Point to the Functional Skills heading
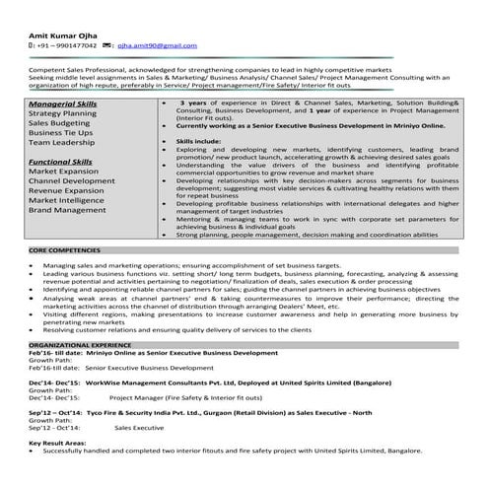click(61, 160)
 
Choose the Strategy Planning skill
click(63, 113)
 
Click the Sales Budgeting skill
click(59, 124)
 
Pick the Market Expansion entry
click(65, 172)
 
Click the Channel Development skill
click(72, 182)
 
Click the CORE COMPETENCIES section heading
click(65, 252)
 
